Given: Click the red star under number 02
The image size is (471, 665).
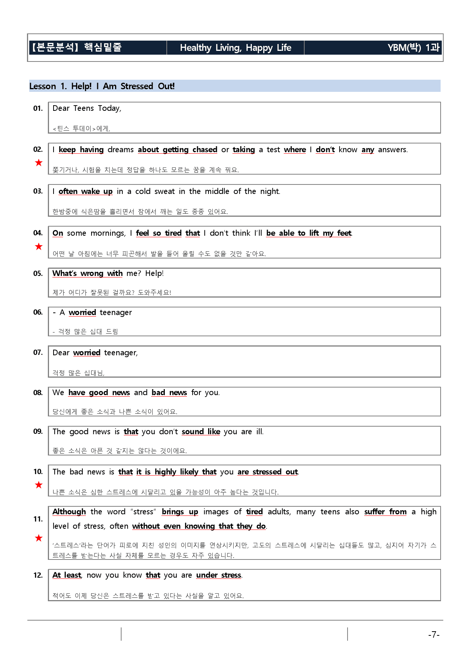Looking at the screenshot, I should (x=38, y=163).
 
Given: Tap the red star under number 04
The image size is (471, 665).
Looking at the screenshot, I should (x=38, y=247).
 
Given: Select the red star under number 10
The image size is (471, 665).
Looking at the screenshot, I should (x=38, y=485).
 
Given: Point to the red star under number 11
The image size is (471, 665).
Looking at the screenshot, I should (x=38, y=538).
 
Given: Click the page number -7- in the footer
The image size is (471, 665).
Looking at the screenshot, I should (x=433, y=634).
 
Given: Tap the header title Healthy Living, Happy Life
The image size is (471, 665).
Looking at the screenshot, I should (x=235, y=48).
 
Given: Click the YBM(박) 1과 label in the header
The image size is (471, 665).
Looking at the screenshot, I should (x=413, y=48).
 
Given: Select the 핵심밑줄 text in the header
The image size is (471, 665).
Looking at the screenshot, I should (x=103, y=47).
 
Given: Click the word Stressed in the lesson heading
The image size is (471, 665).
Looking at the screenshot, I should (x=137, y=86).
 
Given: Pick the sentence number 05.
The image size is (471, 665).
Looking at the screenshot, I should (x=38, y=273).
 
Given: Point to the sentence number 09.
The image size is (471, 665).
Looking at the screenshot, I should (x=38, y=431).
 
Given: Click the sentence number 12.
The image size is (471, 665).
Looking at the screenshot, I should (x=38, y=575).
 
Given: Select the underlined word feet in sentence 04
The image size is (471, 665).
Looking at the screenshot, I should (x=344, y=233).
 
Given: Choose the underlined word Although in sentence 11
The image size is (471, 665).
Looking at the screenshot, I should (x=69, y=512).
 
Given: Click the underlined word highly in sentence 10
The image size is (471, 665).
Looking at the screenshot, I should (x=165, y=472).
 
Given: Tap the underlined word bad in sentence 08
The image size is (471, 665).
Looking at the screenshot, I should (x=158, y=392).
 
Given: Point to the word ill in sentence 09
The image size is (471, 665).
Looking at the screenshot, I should (x=259, y=432).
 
